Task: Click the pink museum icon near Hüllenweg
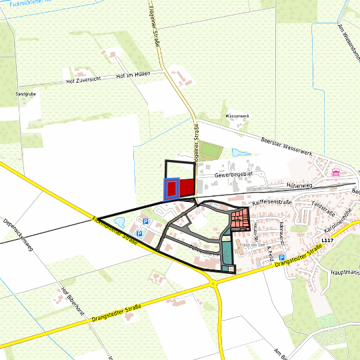pyautogui.click(x=335, y=174)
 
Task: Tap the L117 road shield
pyautogui.click(x=326, y=240)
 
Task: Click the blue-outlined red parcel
pyautogui.click(x=171, y=189)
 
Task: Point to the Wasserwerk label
pyautogui.click(x=237, y=116)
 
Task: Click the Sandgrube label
pyautogui.click(x=25, y=95)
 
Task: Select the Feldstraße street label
pyautogui.click(x=322, y=209)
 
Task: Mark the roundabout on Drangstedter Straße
pyautogui.click(x=214, y=283)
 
